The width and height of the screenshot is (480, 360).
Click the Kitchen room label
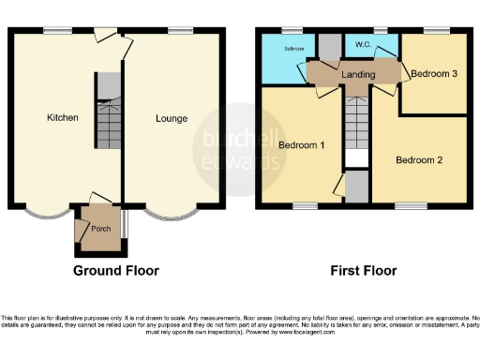pos(63,117)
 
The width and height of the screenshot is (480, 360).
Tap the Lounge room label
pos(172,119)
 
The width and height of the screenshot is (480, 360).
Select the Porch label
pos(100,228)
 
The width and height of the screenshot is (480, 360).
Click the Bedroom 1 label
pos(302,144)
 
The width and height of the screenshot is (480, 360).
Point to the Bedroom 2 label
pos(418,159)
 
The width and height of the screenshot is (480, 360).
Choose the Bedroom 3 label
pos(435,73)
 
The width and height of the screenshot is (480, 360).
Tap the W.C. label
pos(361,44)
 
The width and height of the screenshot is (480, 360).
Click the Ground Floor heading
pos(116,271)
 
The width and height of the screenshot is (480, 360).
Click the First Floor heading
pos(363,271)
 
